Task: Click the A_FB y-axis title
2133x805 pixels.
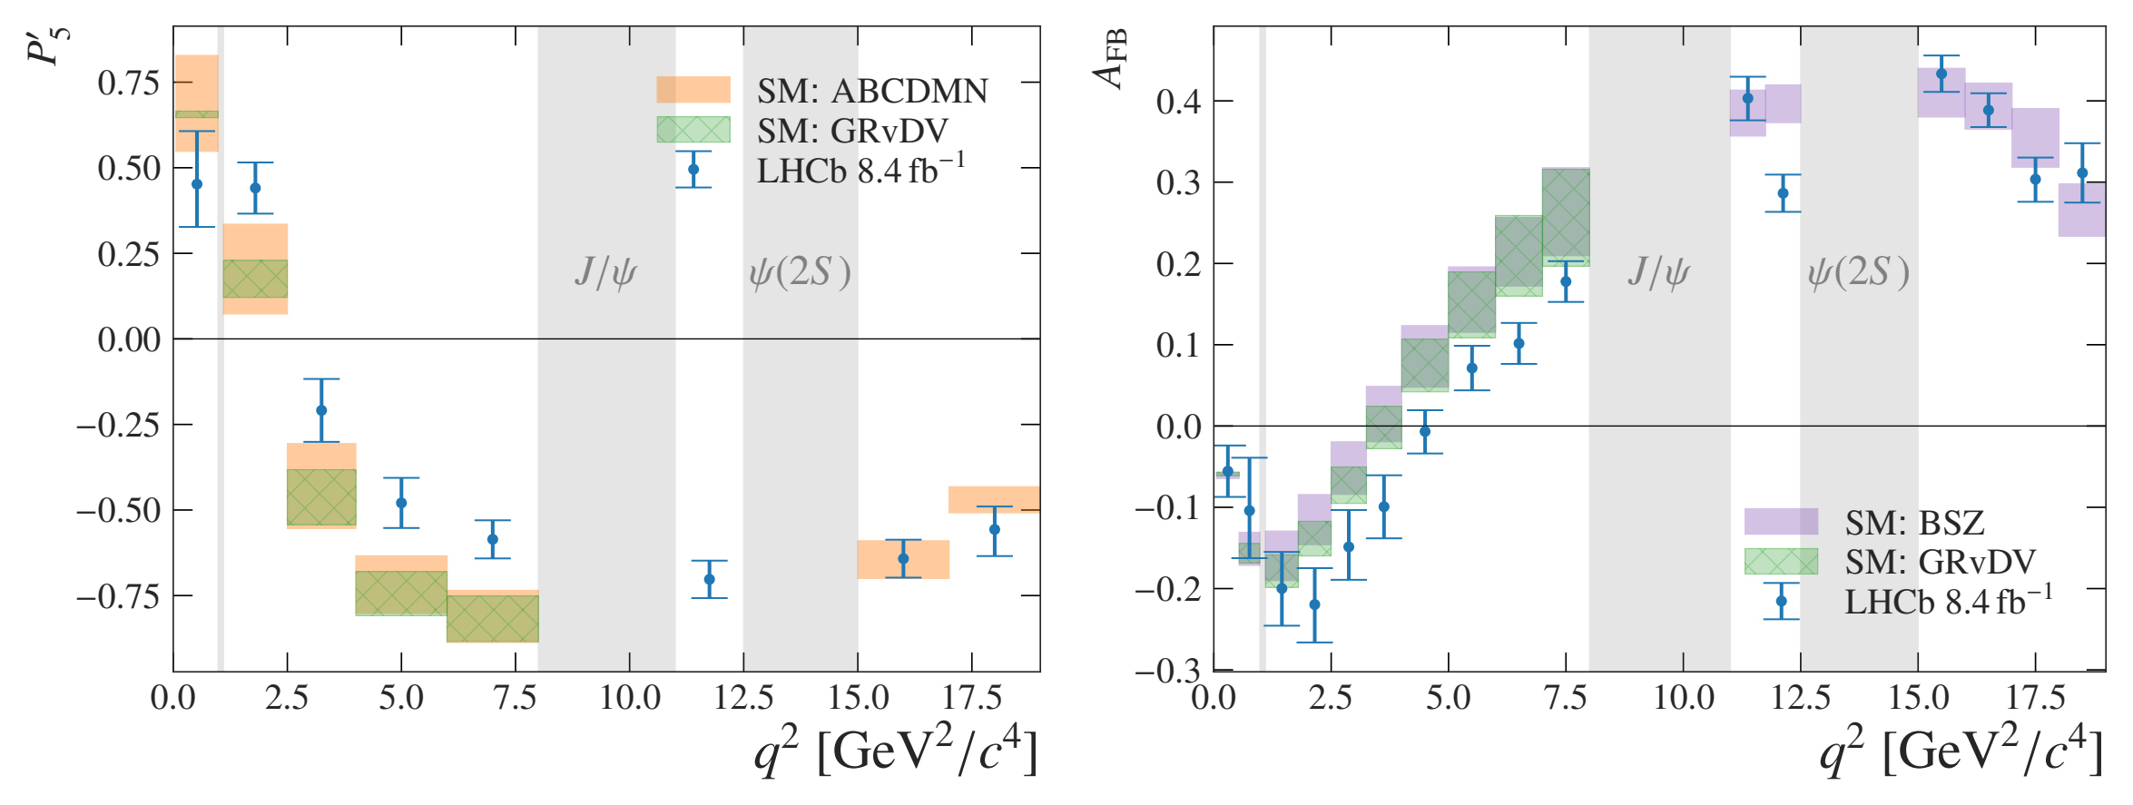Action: tap(1111, 59)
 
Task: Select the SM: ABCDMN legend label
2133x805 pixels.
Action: tap(872, 91)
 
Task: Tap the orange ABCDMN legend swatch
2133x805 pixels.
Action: tap(693, 89)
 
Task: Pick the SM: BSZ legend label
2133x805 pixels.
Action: tap(1914, 523)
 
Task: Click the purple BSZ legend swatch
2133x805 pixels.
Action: tap(1781, 521)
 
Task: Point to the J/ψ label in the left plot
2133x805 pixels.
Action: tap(605, 271)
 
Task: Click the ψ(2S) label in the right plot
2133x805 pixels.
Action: tap(1858, 271)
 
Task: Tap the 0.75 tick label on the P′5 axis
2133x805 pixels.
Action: tap(129, 83)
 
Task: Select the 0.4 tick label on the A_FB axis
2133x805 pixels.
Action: tap(1178, 102)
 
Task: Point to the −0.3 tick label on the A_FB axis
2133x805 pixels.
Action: tap(1167, 671)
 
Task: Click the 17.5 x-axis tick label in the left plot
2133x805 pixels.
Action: tap(972, 698)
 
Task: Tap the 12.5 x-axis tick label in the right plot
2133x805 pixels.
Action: tap(1801, 698)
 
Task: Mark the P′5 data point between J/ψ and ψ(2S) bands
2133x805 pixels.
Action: tap(709, 579)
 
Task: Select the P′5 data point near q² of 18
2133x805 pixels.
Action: tap(995, 529)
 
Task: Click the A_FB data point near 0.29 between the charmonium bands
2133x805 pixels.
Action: tap(1783, 193)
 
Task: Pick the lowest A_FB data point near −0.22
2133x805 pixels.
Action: tap(1314, 604)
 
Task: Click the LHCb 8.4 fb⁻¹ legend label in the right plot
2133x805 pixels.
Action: tap(1949, 600)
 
